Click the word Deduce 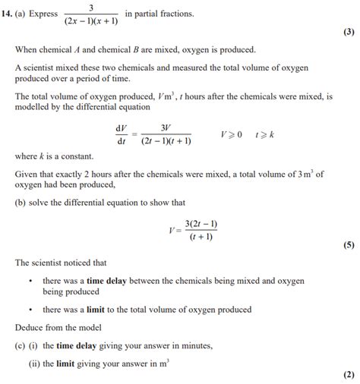point(30,327)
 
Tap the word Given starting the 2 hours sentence point(27,174)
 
